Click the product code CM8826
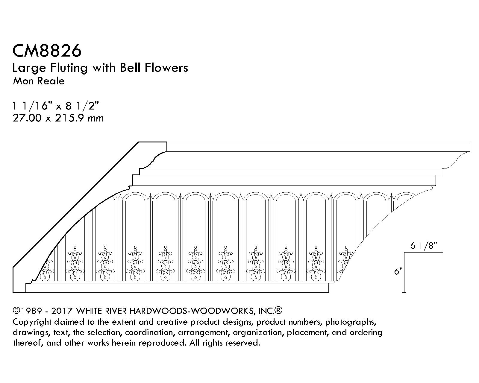(x=47, y=51)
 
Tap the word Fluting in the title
(x=69, y=68)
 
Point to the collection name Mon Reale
(x=39, y=81)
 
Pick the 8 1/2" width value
(x=82, y=106)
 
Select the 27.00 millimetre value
(x=27, y=118)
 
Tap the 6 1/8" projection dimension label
(x=424, y=246)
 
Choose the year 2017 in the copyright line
(x=62, y=311)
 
